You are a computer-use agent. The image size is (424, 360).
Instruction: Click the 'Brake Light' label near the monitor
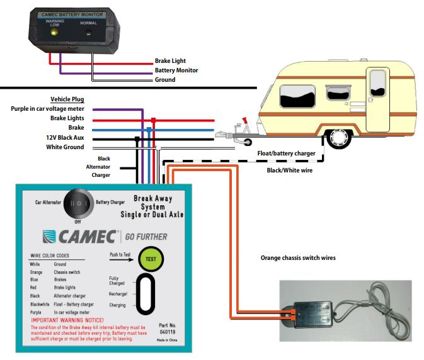(x=170, y=61)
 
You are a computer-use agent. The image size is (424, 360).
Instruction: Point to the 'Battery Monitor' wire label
(x=176, y=70)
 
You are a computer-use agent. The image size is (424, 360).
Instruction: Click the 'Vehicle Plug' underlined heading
(x=67, y=99)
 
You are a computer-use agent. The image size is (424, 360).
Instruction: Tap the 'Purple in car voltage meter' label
(x=47, y=109)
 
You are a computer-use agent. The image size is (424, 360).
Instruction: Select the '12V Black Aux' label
(x=65, y=137)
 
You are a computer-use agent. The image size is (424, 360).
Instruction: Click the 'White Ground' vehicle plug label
(x=65, y=147)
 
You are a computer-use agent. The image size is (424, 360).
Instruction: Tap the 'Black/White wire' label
(x=290, y=170)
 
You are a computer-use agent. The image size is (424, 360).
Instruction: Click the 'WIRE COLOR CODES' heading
(x=59, y=256)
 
